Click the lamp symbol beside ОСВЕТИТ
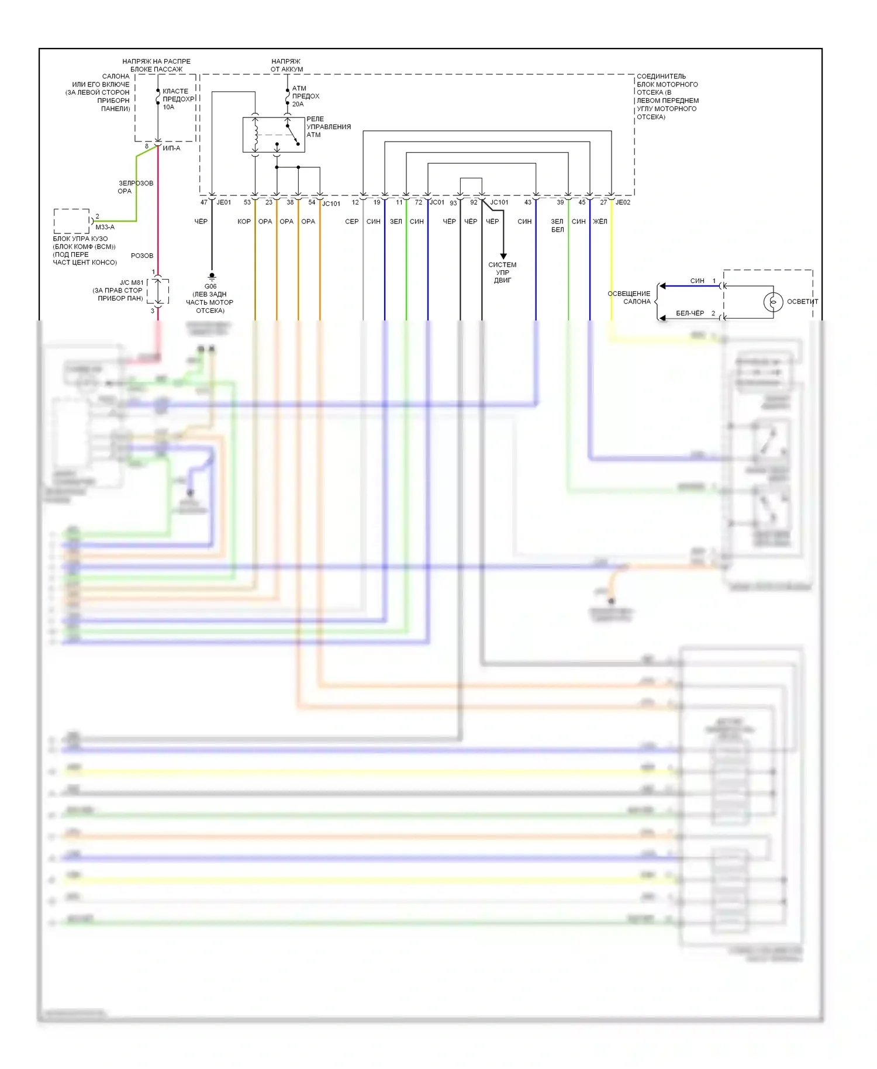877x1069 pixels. point(773,302)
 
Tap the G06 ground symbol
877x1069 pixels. point(212,276)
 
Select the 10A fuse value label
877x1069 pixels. point(168,107)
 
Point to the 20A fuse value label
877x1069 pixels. point(298,104)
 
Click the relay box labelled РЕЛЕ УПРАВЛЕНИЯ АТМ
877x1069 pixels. point(274,135)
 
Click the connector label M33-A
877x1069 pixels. point(105,227)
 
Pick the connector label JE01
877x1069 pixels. point(224,202)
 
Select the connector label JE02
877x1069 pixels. point(623,202)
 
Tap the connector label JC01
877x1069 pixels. point(437,202)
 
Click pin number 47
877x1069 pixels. point(204,202)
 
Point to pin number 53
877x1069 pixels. point(247,202)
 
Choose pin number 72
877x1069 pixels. point(419,202)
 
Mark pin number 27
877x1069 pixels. point(603,202)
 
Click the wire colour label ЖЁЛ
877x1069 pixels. point(600,222)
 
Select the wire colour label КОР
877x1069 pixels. point(244,222)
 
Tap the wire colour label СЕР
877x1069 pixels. point(352,222)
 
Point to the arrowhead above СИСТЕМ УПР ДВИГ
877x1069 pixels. point(503,256)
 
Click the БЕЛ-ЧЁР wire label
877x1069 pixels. point(690,313)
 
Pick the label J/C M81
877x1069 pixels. point(132,282)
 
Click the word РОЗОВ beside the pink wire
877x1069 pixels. point(142,256)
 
